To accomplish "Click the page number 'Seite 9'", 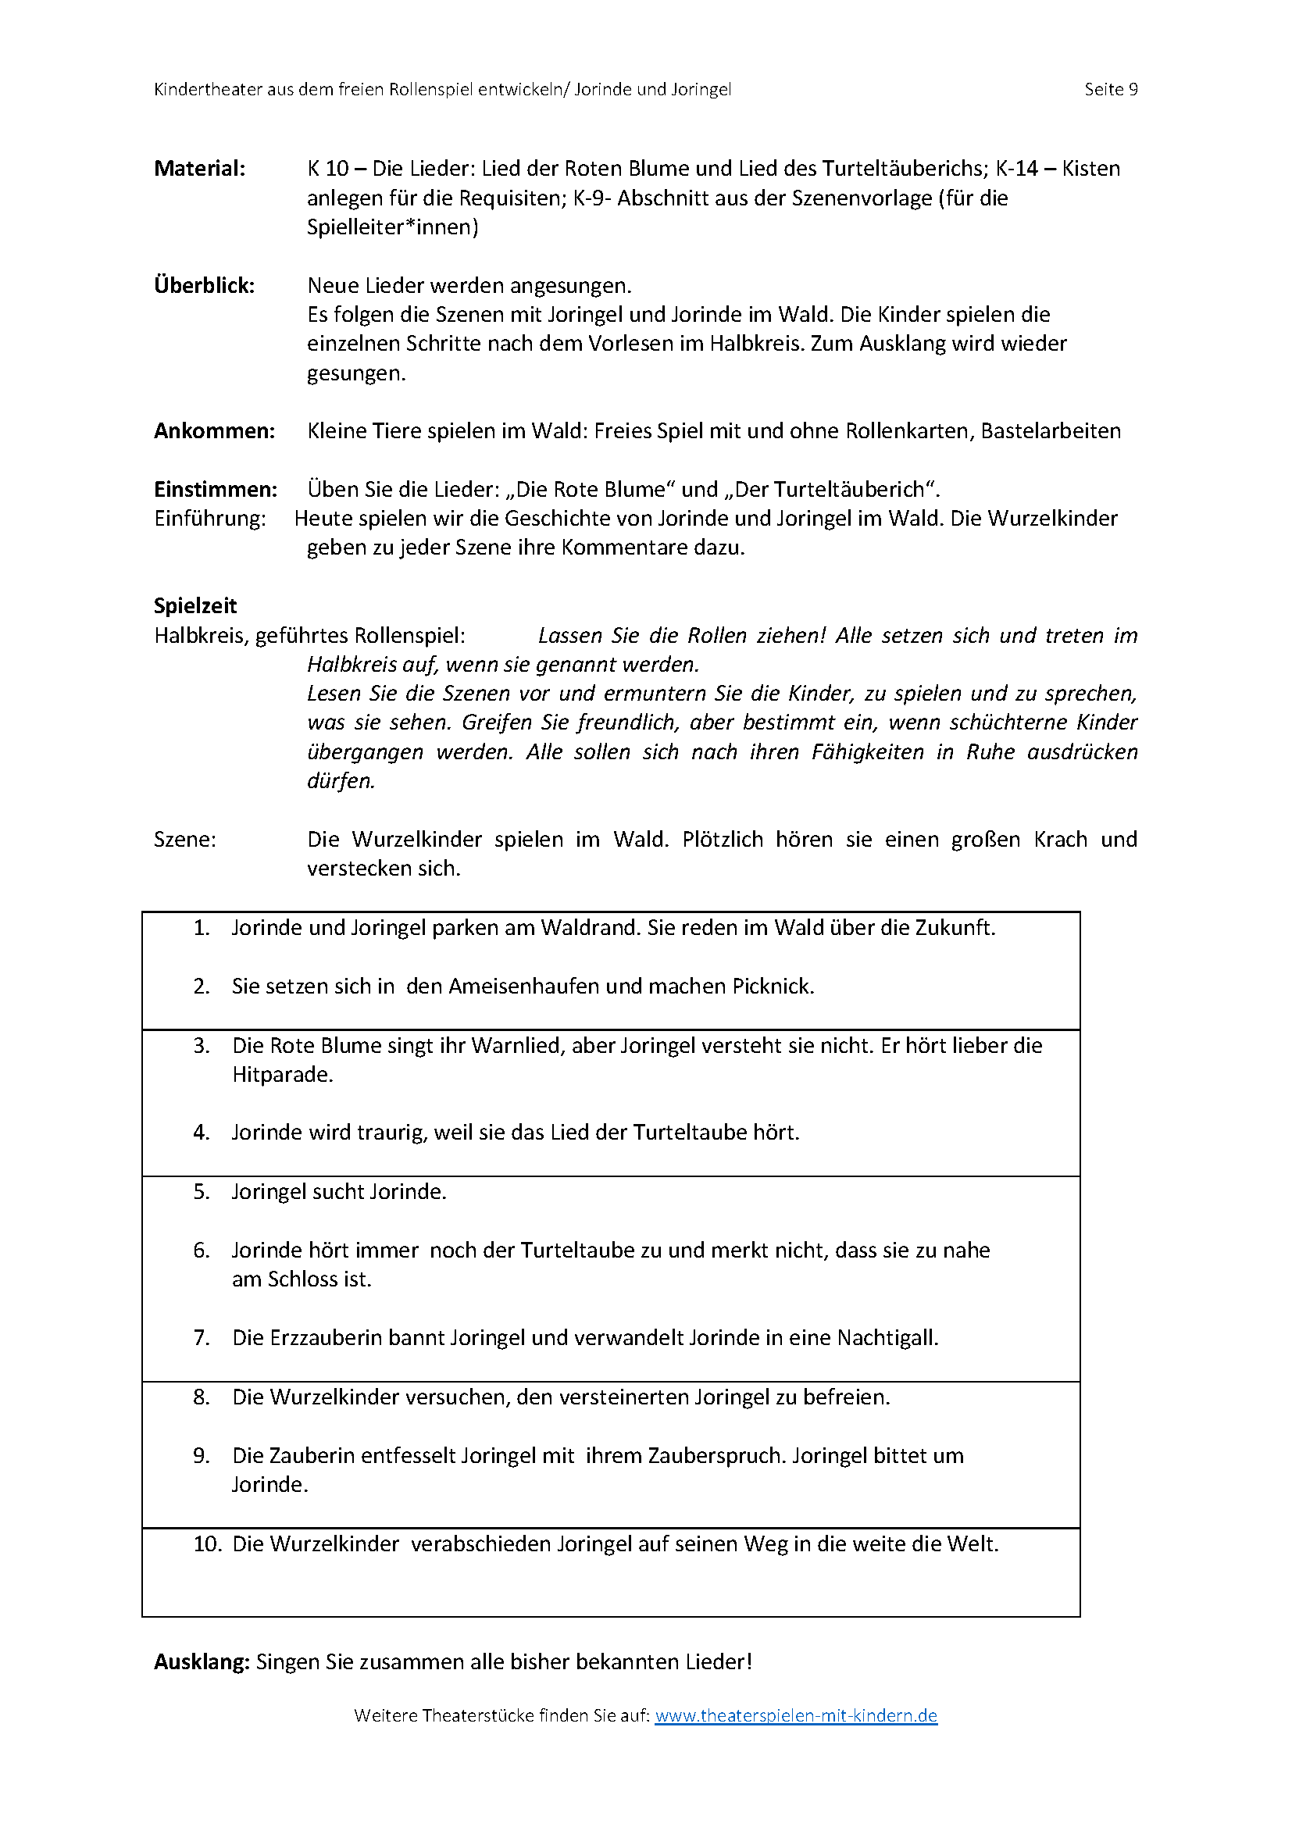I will click(x=1111, y=89).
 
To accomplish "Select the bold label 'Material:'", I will click(x=200, y=169).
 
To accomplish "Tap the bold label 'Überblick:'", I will click(x=205, y=286).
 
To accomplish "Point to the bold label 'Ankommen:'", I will click(x=214, y=431).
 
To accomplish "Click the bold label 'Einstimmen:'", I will click(x=216, y=490).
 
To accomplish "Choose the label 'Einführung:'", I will click(x=210, y=519).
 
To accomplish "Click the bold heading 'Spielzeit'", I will click(x=195, y=606).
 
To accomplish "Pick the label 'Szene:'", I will click(x=184, y=840).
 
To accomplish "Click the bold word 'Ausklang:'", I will click(x=202, y=1662).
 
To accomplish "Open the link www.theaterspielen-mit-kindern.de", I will click(x=795, y=1715).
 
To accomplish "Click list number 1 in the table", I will click(x=202, y=928).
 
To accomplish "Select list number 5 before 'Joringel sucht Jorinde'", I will click(x=202, y=1192).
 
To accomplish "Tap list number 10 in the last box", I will click(x=207, y=1544).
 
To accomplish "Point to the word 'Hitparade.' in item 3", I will click(x=283, y=1075).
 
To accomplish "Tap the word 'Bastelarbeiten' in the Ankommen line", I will click(x=1050, y=431).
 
